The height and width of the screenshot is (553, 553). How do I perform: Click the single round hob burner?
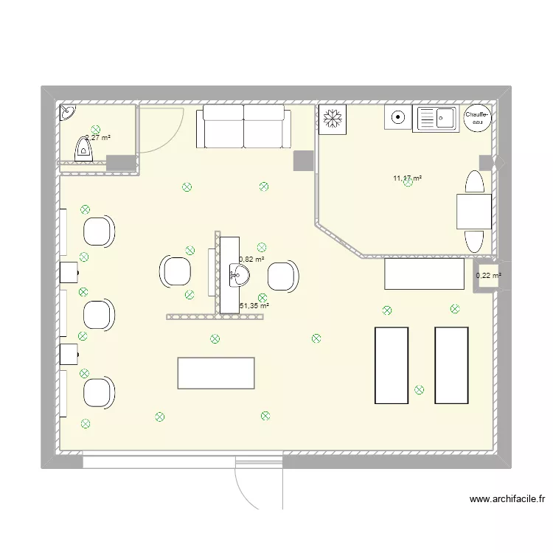pos(397,117)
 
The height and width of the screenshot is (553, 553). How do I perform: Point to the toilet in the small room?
pos(83,150)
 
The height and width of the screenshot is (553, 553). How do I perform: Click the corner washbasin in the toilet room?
pos(67,113)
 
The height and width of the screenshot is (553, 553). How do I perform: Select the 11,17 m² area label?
pos(407,178)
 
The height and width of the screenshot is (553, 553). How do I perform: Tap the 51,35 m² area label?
pos(254,305)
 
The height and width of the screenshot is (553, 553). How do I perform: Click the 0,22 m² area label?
pos(488,276)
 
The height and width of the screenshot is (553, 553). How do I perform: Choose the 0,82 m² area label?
pos(251,259)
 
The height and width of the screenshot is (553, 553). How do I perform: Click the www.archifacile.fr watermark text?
pos(507,499)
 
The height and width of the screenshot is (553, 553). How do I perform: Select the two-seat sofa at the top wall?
pos(243,126)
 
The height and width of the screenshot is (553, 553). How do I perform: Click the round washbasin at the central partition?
pos(240,276)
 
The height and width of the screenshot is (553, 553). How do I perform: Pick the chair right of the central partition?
pos(282,276)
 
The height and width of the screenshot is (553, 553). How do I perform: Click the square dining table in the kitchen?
pos(473,212)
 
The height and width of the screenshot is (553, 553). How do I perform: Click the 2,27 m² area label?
pos(98,137)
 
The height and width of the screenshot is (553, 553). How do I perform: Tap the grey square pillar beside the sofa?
pos(303,161)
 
